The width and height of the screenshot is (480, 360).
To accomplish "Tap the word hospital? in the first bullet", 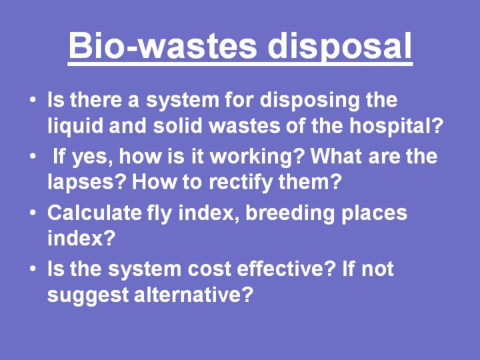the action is tap(397, 127).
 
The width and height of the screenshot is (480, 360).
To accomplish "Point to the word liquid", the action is tap(75, 127).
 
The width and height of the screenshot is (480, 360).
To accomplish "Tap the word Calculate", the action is tap(94, 213).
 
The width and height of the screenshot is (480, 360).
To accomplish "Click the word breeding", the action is tap(290, 214).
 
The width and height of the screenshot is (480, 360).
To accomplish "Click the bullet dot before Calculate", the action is tap(33, 212).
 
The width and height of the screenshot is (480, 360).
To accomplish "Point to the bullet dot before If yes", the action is tap(33, 156).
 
